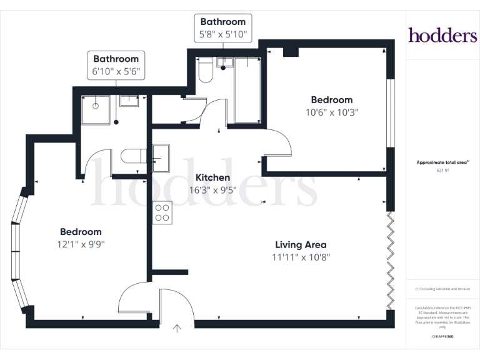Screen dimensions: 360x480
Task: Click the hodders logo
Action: (x=442, y=36)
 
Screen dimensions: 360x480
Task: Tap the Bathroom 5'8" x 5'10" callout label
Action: (x=223, y=28)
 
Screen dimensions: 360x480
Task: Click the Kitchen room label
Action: (x=212, y=177)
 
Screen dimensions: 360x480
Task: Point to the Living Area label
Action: (x=301, y=245)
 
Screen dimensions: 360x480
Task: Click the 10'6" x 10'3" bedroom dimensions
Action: (x=332, y=112)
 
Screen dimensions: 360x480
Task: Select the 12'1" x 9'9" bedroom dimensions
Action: (x=81, y=244)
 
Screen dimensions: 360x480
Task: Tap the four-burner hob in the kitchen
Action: (x=162, y=212)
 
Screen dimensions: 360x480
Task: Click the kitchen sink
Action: (x=161, y=156)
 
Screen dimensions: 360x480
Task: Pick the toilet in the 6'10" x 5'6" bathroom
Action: (x=133, y=156)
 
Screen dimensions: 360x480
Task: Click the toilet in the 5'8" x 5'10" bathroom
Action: (x=205, y=71)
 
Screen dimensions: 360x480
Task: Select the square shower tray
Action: (x=96, y=109)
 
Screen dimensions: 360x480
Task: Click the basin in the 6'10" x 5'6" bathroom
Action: (x=129, y=101)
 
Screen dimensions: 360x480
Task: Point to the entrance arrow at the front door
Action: (x=177, y=327)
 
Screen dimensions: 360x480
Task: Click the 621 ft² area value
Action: (x=442, y=169)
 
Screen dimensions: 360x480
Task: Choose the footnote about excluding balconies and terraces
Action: (x=442, y=289)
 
